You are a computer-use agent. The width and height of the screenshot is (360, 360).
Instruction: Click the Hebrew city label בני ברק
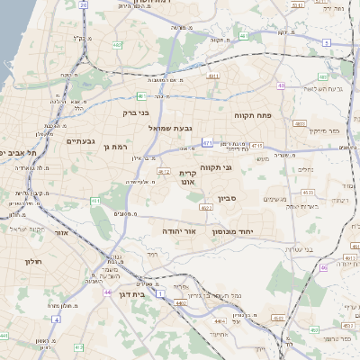point(136,113)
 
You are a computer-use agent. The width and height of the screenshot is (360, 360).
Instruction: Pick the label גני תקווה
point(239,167)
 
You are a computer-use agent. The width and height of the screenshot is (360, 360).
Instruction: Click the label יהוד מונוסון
point(237,231)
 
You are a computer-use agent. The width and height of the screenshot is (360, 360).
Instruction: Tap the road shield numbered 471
point(207,142)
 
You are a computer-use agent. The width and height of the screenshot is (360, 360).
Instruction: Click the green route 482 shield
point(117,44)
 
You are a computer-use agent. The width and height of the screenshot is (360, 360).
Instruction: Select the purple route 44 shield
point(107,292)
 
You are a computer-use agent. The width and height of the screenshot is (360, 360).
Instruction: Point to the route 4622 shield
point(206,208)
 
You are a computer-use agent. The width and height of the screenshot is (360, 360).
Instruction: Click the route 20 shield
point(84,4)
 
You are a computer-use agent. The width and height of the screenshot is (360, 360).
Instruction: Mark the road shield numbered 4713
point(256,146)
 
